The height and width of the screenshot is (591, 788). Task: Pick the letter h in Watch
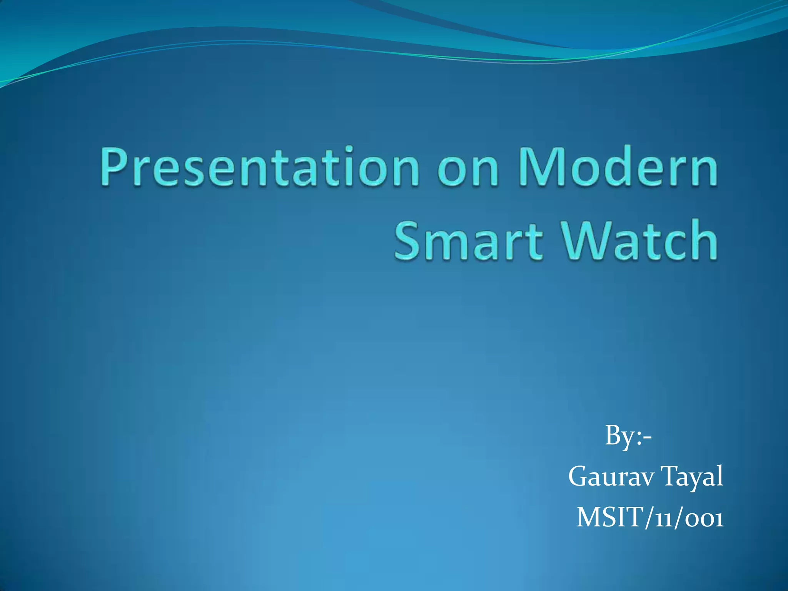pos(704,240)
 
